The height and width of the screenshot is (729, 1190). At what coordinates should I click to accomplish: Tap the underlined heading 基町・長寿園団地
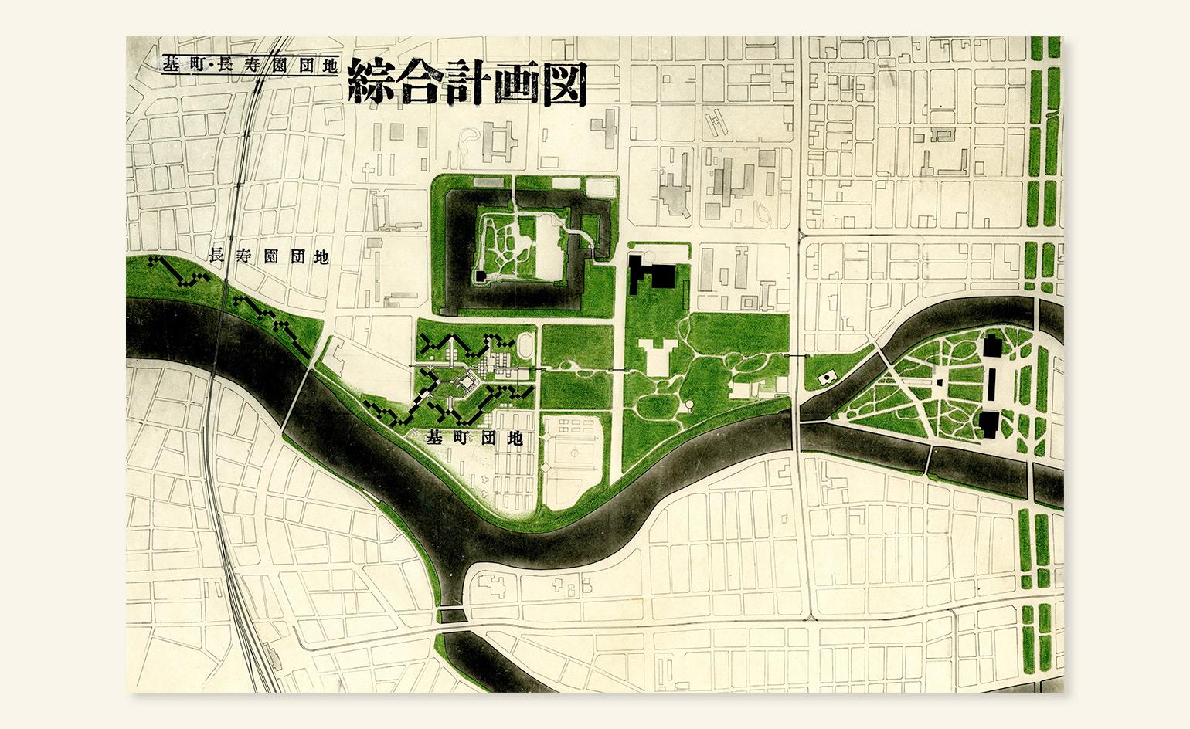coord(250,65)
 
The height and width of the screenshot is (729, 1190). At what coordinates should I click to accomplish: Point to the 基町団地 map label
coord(474,439)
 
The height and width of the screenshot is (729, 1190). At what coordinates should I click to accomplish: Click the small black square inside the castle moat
coord(481,275)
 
